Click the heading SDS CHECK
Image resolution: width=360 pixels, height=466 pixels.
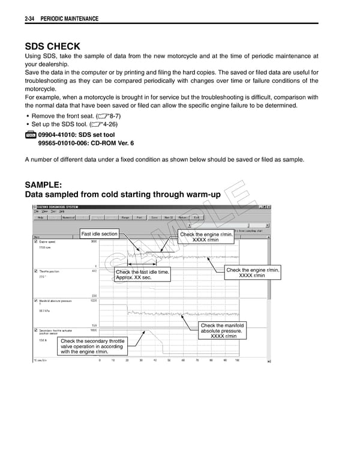52,46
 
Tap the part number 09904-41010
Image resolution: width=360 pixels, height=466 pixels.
58,135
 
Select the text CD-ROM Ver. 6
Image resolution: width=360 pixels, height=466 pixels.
113,144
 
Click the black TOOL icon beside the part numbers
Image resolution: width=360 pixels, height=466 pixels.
31,136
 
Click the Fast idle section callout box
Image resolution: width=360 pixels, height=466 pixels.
99,234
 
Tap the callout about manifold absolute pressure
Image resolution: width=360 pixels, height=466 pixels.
222,331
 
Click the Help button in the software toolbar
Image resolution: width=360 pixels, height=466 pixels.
41,217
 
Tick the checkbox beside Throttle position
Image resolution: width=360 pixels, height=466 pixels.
36,271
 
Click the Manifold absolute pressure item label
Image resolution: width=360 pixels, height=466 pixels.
56,301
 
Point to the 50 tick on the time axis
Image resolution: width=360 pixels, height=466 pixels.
169,360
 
